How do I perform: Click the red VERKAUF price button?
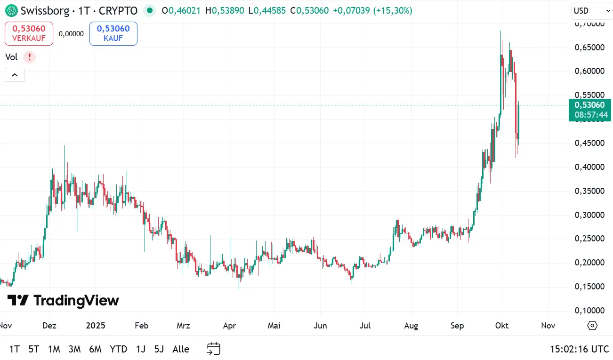[29, 33]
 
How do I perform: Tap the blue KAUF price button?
[113, 33]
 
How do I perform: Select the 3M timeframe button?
[74, 349]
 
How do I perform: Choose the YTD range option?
[118, 349]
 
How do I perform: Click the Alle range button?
[181, 349]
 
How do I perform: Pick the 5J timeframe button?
[159, 349]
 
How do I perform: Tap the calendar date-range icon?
[214, 349]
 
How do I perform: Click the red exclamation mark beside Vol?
[30, 57]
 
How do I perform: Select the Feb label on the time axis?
[141, 326]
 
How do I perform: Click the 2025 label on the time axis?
[96, 326]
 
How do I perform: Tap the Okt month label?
[502, 326]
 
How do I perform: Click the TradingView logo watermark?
[63, 300]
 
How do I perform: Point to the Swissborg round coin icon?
[11, 10]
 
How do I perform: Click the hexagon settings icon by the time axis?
[592, 326]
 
